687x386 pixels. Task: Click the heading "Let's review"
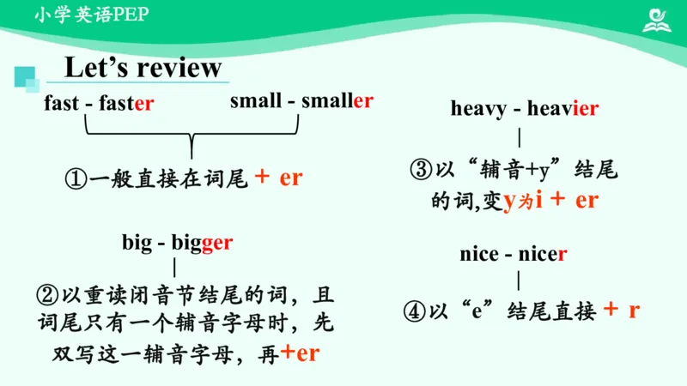coord(143,67)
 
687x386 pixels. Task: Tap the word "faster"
coord(126,104)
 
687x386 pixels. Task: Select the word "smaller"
coord(337,100)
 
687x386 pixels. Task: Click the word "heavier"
coord(562,108)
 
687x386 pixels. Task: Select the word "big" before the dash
coord(136,243)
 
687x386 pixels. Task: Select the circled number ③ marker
coord(420,170)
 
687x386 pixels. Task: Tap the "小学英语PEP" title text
coord(86,15)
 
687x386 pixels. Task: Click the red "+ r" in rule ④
coord(622,311)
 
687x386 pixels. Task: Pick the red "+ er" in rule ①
coord(279,178)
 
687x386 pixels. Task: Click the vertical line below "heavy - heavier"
coord(520,137)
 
